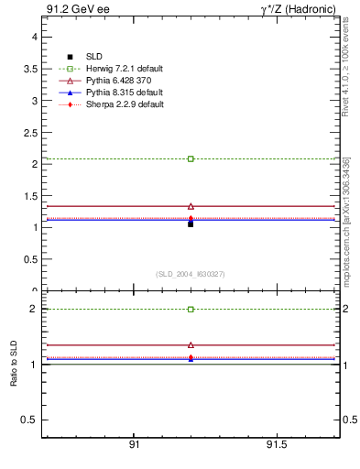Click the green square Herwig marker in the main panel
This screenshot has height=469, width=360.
pos(191,158)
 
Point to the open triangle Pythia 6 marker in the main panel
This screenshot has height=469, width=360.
pos(191,206)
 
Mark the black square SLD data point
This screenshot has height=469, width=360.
pos(191,224)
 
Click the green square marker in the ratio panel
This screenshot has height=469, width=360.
pos(191,309)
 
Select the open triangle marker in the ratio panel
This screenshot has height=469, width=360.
pos(191,344)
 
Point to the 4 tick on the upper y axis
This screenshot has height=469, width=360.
pos(34,37)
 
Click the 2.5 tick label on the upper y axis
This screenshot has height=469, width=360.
pos(30,132)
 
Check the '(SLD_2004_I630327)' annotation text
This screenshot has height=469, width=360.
pos(191,274)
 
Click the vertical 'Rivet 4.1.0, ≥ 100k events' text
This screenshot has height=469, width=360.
pos(346,74)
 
